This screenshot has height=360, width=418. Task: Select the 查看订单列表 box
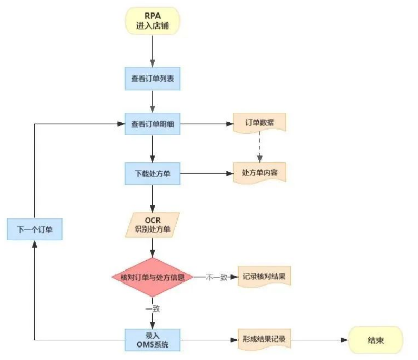click(152, 79)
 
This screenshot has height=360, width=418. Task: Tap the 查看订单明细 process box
click(152, 124)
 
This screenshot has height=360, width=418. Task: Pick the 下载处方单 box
click(152, 173)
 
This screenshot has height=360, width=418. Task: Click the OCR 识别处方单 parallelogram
click(152, 224)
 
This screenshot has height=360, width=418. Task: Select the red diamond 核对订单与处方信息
click(152, 277)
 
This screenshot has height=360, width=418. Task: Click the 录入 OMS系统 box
click(152, 340)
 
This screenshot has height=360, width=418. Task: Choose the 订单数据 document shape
click(259, 123)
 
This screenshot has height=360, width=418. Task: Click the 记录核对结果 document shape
click(264, 276)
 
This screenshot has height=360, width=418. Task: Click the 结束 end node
click(376, 340)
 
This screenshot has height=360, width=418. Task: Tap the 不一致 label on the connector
click(215, 277)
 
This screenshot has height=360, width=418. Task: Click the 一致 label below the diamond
click(152, 308)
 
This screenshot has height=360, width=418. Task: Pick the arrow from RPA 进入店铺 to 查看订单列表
click(152, 49)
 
